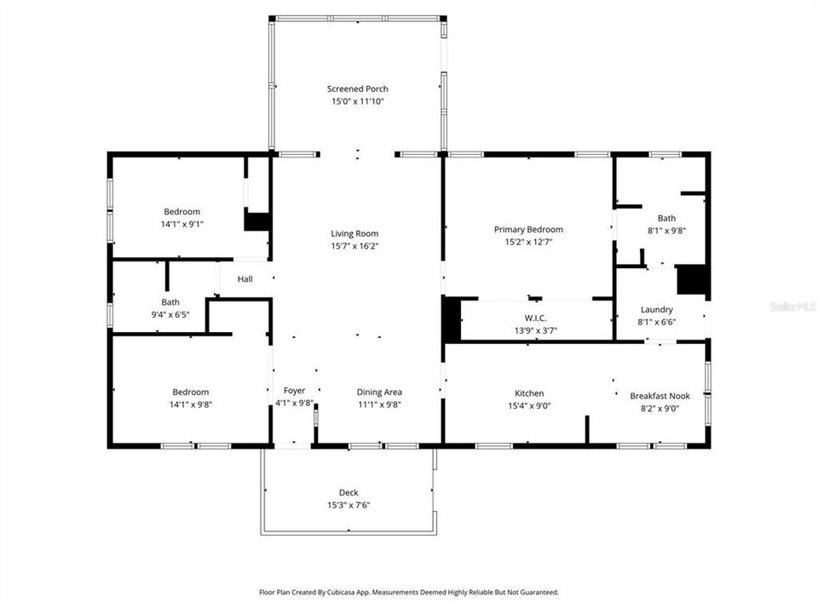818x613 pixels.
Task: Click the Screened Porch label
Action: pyautogui.click(x=358, y=89)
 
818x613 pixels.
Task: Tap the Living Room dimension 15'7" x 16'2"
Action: pyautogui.click(x=354, y=246)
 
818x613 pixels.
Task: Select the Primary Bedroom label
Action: pyautogui.click(x=528, y=229)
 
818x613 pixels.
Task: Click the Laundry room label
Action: pyautogui.click(x=656, y=310)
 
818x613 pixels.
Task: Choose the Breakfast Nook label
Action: pyautogui.click(x=660, y=396)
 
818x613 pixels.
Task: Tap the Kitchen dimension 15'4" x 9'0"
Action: pyautogui.click(x=528, y=406)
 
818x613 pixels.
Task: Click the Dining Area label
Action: pyautogui.click(x=379, y=392)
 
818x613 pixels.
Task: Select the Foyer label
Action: pyautogui.click(x=294, y=391)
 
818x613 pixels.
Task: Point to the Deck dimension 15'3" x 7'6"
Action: pyautogui.click(x=349, y=505)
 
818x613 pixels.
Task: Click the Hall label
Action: pyautogui.click(x=245, y=279)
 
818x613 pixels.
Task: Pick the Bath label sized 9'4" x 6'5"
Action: pyautogui.click(x=170, y=301)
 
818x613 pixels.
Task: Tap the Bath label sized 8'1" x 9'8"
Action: pyautogui.click(x=666, y=218)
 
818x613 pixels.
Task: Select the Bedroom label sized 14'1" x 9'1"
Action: pyautogui.click(x=182, y=212)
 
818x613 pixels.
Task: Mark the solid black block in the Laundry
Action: pyautogui.click(x=693, y=280)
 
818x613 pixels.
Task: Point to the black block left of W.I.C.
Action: pyautogui.click(x=451, y=320)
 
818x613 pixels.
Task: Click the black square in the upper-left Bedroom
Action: pyautogui.click(x=256, y=221)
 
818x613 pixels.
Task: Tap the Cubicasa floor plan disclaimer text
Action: pyautogui.click(x=409, y=592)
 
